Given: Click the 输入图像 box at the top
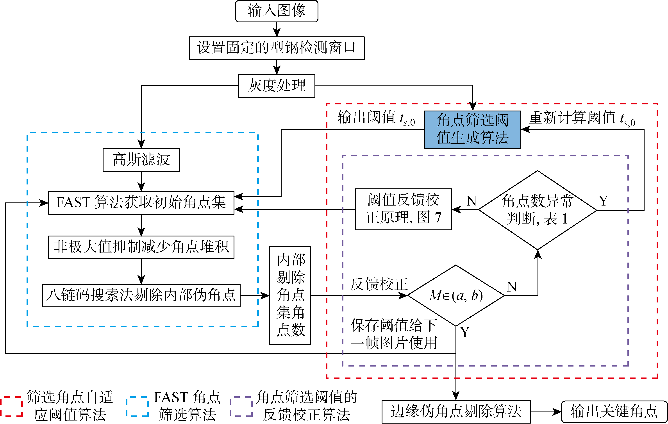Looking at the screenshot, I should tap(277, 11).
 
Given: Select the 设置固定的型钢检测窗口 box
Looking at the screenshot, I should tap(277, 48).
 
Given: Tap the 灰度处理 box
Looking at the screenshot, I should tap(277, 86).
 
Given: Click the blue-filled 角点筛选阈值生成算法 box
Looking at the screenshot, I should tap(472, 129).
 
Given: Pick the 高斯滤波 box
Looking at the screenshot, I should tap(141, 160).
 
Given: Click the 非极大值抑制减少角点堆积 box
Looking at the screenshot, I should tap(141, 247).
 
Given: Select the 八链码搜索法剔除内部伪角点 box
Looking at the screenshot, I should tap(141, 295).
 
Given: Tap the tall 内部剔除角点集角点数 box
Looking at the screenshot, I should tap(290, 295).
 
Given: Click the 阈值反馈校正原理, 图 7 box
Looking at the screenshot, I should tap(403, 209).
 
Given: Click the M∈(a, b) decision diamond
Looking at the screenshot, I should tap(455, 295).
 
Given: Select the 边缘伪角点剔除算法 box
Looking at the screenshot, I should tap(456, 411).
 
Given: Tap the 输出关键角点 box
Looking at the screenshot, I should tap(614, 411).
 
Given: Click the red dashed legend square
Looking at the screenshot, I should tap(11, 406).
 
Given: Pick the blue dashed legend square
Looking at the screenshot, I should tap(137, 406).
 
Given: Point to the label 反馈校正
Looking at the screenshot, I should tap(379, 284).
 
